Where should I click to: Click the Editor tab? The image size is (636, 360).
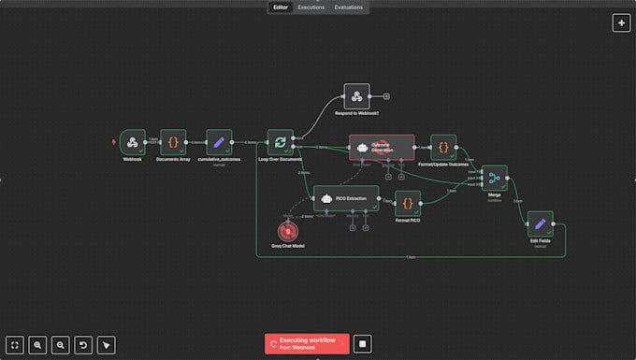[x=280, y=7]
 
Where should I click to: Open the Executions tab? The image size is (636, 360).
[x=311, y=7]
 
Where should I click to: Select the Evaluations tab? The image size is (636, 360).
[x=349, y=7]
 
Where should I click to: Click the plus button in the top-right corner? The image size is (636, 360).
[x=621, y=23]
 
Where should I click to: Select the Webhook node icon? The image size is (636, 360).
[x=133, y=142]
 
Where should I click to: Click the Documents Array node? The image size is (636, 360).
[x=173, y=142]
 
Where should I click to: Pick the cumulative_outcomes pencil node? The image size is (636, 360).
[x=219, y=142]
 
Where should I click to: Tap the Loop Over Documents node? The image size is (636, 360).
[x=280, y=142]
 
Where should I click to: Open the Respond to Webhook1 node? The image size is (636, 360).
[x=356, y=96]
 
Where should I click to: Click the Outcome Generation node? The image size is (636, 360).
[x=382, y=147]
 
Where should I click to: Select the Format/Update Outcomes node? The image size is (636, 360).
[x=443, y=147]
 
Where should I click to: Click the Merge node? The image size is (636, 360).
[x=494, y=178]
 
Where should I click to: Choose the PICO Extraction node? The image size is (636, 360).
[x=345, y=198]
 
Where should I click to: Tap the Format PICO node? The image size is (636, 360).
[x=408, y=203]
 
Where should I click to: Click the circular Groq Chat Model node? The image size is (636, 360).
[x=288, y=230]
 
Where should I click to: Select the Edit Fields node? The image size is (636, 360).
[x=540, y=223]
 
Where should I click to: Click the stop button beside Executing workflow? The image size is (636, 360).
[x=363, y=343]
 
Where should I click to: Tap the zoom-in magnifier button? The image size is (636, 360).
[x=37, y=344]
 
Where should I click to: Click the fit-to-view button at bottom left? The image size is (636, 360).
[x=15, y=344]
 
